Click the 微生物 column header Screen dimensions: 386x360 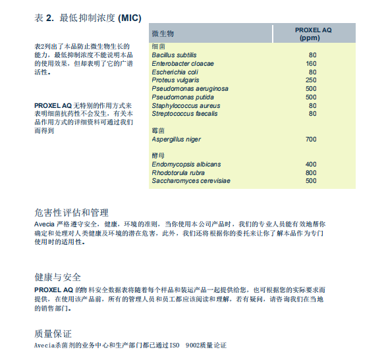pos(163,33)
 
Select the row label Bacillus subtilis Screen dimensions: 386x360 pos(175,55)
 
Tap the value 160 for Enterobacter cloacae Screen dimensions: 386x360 pos(311,63)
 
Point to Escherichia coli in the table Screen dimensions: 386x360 pos(175,72)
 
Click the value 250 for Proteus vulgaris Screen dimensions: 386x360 pos(311,80)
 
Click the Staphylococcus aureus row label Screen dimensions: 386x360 pos(186,105)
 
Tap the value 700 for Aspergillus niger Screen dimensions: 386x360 pos(311,140)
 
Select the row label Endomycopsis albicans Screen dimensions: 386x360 pos(186,165)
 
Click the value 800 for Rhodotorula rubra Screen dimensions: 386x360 pos(311,172)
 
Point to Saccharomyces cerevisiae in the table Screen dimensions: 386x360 pos(191,181)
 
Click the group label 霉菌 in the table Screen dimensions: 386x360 pos(158,131)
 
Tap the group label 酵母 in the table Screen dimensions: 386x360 pos(158,156)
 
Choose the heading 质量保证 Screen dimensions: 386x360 pos(53,334)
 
